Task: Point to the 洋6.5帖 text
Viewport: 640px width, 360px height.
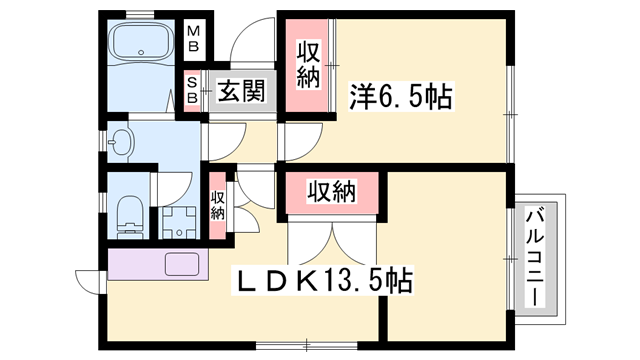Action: click(401, 97)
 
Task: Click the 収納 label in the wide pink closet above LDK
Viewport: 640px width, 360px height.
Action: click(332, 189)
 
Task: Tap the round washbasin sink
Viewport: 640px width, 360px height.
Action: click(121, 143)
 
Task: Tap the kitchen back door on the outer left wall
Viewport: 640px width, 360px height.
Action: click(88, 281)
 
